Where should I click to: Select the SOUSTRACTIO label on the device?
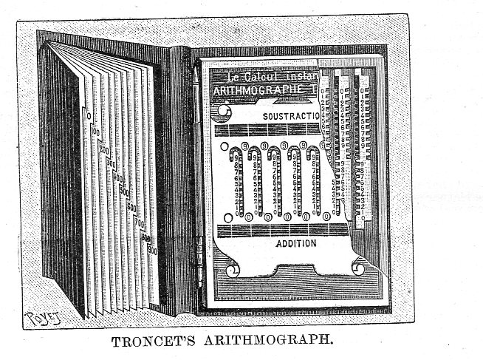[290, 117]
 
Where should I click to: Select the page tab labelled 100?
[95, 131]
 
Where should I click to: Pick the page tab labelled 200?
[103, 149]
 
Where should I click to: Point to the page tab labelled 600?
[131, 208]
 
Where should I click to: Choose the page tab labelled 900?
[151, 250]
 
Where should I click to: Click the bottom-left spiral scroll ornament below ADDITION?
[228, 271]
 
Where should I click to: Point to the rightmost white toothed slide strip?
[363, 140]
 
